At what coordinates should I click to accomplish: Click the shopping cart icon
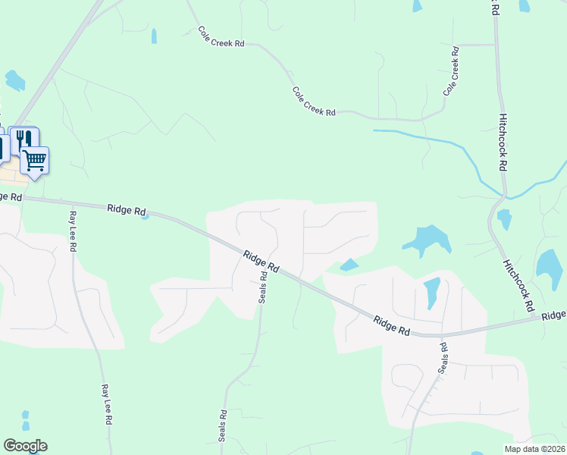tap(34, 159)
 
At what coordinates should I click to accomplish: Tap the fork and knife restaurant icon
tap(23, 139)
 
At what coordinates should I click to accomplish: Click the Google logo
tap(25, 446)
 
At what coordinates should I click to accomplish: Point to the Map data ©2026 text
tap(534, 448)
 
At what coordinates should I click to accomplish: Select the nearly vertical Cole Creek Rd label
tap(452, 71)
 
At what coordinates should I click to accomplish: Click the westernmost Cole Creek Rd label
tap(221, 37)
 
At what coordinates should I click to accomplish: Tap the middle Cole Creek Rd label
tap(314, 101)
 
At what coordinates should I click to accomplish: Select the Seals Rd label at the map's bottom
tap(223, 426)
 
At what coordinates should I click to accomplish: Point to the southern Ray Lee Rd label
tap(107, 403)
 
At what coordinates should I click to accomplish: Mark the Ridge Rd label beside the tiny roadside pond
tap(126, 209)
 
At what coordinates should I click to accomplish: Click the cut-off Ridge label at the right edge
tap(554, 315)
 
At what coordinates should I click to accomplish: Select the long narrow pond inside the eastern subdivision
tap(431, 293)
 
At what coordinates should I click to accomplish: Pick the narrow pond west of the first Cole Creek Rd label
tap(154, 36)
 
